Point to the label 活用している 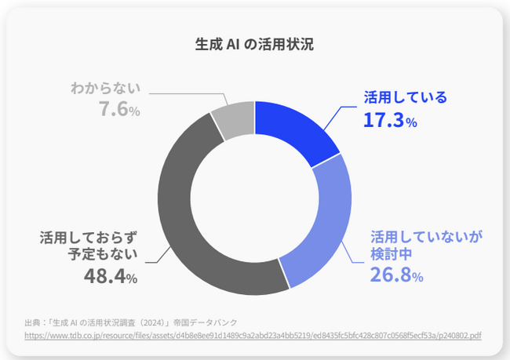point(405,98)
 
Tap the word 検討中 point(391,255)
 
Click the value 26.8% point(396,276)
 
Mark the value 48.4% point(110,276)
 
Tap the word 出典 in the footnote point(33,322)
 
